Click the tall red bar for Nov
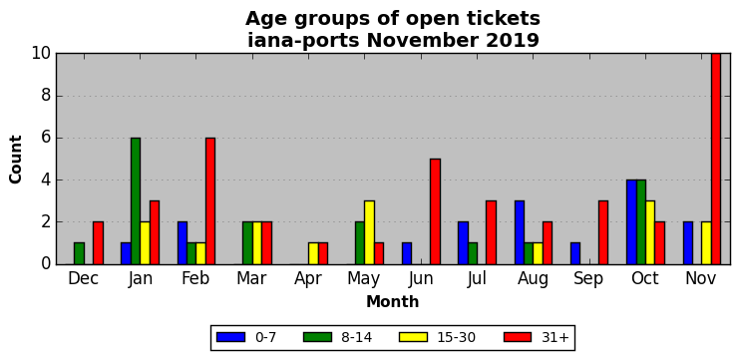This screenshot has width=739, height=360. click(716, 159)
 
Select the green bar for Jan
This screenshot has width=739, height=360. click(136, 201)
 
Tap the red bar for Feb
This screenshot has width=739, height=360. click(210, 201)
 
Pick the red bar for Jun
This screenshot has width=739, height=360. click(435, 211)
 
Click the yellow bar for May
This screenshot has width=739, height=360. click(369, 232)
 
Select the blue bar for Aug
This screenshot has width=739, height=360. click(520, 232)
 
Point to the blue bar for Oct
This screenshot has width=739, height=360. click(631, 222)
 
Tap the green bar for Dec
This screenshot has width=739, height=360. click(79, 254)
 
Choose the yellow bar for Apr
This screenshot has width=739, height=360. click(313, 254)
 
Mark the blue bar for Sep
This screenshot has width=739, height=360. click(575, 254)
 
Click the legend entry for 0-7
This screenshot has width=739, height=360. click(246, 337)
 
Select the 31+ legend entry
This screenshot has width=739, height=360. click(537, 337)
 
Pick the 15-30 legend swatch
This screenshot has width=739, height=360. click(413, 337)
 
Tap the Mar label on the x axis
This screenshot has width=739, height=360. click(251, 279)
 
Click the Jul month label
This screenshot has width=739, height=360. click(477, 279)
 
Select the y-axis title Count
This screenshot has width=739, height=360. click(16, 160)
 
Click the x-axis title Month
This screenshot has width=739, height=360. click(393, 301)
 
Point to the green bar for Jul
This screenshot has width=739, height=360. click(473, 254)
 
